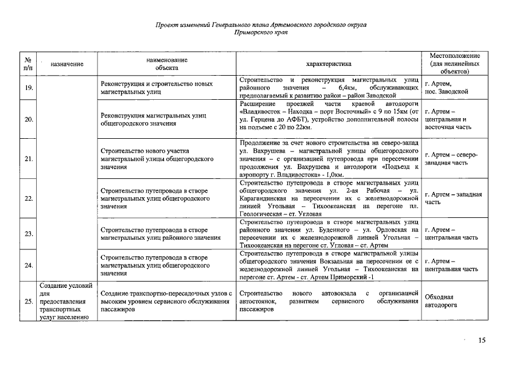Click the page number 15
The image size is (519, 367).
pos(482,340)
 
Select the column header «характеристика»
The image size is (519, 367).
pos(329,64)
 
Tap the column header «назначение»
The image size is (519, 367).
pos(67,64)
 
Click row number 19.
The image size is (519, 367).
pos(28,87)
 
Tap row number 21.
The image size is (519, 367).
pos(28,158)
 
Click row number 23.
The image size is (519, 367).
pos(28,233)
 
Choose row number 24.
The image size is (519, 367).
pos(28,265)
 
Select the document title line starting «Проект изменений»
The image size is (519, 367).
pos(261,25)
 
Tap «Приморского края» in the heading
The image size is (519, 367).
pos(261,33)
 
